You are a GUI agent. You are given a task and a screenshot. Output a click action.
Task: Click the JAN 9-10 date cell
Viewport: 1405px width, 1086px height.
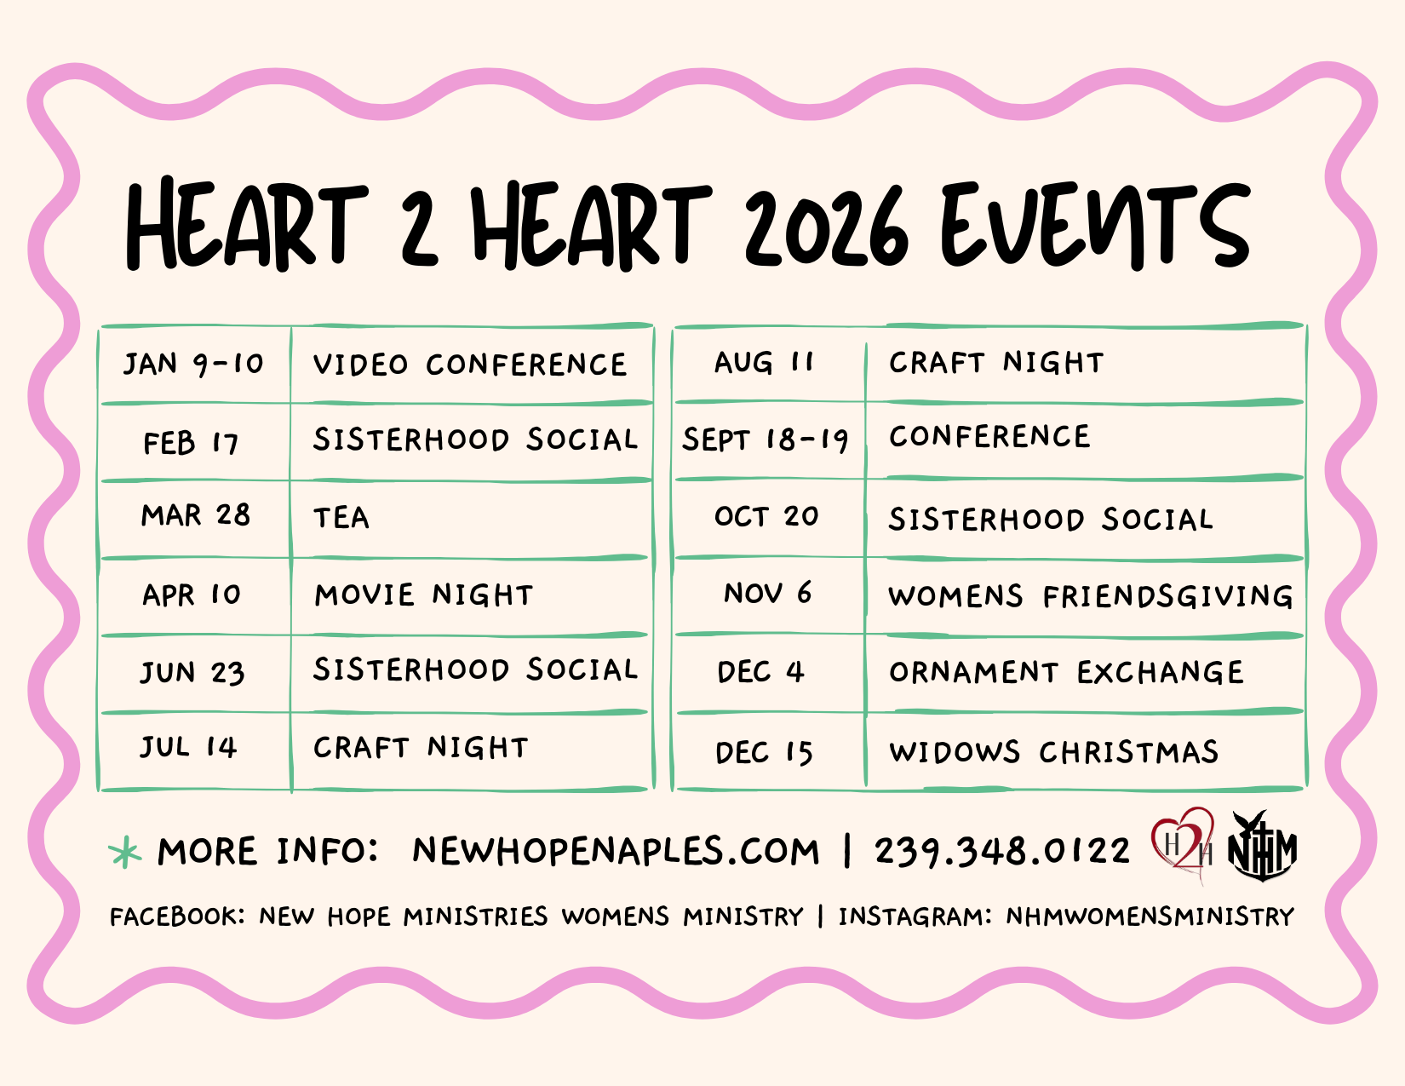click(193, 365)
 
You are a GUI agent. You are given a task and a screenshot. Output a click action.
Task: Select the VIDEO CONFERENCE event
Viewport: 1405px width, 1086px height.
click(470, 365)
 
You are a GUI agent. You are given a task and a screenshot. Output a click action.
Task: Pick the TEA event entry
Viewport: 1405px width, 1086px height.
click(341, 518)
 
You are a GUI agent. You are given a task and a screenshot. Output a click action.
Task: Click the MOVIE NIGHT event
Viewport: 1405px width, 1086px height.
click(424, 595)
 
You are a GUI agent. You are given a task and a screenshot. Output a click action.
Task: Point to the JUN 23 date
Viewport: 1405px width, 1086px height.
click(192, 673)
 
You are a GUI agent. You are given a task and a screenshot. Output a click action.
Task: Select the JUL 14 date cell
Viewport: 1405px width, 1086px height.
click(189, 748)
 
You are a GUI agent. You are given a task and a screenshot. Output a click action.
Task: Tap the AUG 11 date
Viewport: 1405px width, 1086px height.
click(764, 362)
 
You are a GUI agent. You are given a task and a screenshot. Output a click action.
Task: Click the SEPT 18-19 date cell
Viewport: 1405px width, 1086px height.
click(765, 440)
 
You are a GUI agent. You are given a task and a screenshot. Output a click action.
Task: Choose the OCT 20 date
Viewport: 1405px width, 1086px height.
click(767, 516)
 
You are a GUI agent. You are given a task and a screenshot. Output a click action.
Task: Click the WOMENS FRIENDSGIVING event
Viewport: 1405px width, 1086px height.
click(1091, 595)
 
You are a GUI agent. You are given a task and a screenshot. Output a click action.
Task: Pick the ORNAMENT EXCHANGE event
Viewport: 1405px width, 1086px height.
click(1066, 672)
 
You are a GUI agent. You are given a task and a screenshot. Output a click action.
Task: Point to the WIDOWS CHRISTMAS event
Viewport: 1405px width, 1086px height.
click(1054, 751)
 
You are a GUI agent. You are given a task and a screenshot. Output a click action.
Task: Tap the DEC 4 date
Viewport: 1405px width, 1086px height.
click(761, 672)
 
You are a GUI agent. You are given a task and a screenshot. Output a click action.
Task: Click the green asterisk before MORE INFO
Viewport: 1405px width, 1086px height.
click(125, 851)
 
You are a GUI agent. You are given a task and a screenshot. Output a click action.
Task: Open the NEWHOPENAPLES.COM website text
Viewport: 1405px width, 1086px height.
click(616, 851)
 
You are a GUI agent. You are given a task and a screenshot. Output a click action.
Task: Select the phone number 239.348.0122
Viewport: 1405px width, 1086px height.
click(1002, 851)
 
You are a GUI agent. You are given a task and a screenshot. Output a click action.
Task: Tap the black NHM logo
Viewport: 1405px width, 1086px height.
click(1262, 846)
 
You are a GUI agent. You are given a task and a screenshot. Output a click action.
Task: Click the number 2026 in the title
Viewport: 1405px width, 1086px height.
click(826, 227)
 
